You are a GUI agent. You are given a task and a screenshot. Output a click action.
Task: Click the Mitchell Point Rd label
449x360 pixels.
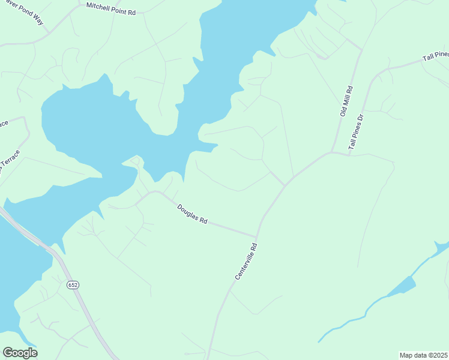click(x=111, y=8)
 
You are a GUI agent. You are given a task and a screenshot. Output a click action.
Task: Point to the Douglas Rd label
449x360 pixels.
click(x=192, y=214)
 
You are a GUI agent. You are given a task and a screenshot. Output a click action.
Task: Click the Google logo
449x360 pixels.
click(x=20, y=353)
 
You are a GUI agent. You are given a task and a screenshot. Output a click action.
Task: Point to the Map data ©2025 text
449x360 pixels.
click(x=423, y=355)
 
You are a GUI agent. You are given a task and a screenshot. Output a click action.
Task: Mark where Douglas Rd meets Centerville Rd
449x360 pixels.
click(x=257, y=236)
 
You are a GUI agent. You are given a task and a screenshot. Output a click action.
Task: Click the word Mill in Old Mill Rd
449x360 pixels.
click(x=346, y=100)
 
